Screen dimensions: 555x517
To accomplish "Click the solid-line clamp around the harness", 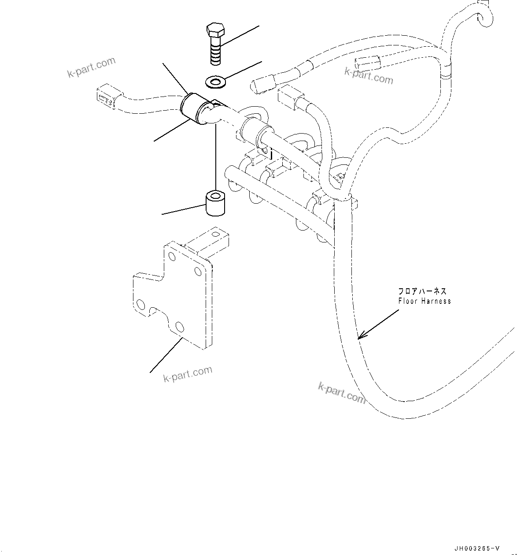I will tap(194, 108).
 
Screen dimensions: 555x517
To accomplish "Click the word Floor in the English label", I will tap(408, 302).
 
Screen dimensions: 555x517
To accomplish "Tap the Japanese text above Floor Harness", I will tap(422, 291).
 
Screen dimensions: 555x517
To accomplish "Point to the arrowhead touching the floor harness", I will tap(361, 337).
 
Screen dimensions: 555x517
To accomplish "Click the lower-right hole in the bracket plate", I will tap(180, 327).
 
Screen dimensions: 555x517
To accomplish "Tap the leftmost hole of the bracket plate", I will tap(141, 305).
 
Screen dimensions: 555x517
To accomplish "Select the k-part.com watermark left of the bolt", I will tap(91, 67).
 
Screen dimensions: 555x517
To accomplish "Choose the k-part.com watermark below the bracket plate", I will tap(188, 374).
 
